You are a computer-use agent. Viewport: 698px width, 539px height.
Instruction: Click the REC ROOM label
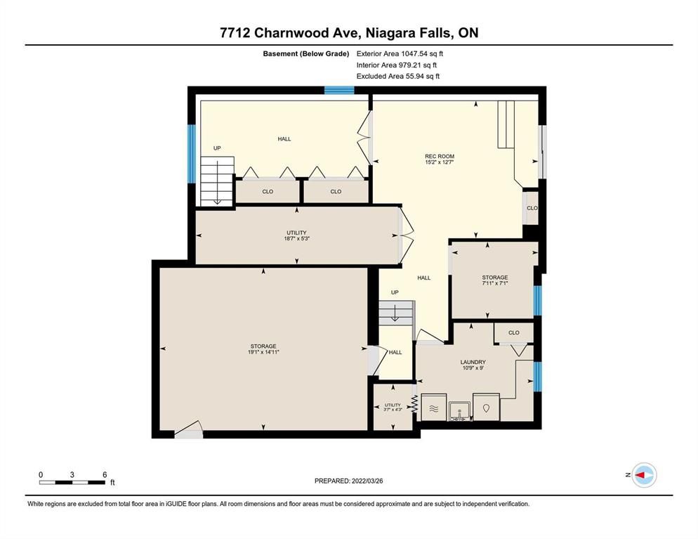tap(440, 156)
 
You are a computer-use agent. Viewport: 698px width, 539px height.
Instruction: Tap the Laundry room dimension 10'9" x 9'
tap(473, 368)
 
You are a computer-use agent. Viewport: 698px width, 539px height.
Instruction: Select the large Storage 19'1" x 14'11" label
tap(263, 349)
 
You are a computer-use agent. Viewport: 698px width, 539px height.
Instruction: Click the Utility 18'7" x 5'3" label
tap(296, 235)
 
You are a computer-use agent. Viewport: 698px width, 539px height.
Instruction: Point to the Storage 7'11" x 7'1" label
tap(494, 280)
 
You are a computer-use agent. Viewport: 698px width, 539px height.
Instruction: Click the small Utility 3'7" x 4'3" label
tap(393, 407)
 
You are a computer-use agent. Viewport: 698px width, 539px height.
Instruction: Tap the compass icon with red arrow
tap(644, 475)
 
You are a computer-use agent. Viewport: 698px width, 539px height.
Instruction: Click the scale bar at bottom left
tap(72, 482)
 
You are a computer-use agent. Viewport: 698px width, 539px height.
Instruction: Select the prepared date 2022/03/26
tap(367, 481)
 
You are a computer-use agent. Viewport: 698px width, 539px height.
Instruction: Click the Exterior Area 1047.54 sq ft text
tap(400, 54)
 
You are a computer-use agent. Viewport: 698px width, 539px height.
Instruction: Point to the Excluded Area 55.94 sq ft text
tap(398, 76)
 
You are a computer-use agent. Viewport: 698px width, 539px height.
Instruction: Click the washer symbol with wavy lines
tap(433, 407)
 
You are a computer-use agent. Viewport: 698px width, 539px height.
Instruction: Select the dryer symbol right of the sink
tap(486, 407)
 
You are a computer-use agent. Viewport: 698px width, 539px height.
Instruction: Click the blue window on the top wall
tap(339, 91)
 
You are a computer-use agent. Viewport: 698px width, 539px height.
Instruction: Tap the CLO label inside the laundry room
tap(514, 333)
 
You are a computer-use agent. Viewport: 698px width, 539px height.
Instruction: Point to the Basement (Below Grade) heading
tap(306, 54)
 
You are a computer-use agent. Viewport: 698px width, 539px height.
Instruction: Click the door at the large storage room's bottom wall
tap(189, 429)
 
